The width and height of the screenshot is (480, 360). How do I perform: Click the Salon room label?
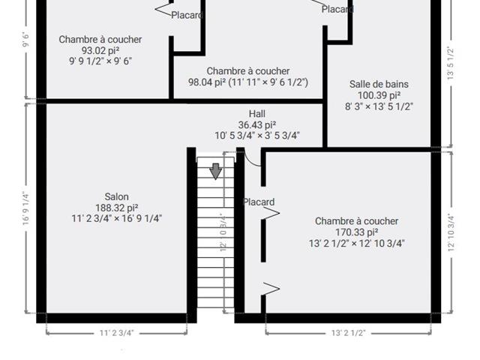pos(116,196)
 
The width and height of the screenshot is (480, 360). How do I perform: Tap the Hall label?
pos(256,114)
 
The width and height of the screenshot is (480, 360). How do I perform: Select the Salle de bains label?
pos(379,84)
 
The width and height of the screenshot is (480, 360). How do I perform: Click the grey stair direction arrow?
pos(216,171)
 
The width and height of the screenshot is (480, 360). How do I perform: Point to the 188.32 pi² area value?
pos(117,208)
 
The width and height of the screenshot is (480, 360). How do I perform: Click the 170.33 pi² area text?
pos(357,232)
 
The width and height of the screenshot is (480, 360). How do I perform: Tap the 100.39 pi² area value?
pos(379,95)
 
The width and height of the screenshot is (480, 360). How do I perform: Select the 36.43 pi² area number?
pos(256,125)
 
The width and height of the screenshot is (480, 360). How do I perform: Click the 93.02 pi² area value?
pos(100,50)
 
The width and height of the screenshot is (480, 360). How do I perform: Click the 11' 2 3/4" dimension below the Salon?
pos(117,333)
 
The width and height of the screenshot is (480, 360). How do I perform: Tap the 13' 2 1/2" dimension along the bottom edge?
pos(348,333)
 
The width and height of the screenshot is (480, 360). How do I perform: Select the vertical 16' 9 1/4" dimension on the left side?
pos(26,208)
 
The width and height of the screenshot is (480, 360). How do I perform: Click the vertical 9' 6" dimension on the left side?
pos(25,40)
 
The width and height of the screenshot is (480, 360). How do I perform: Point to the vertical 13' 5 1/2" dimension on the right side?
pos(450,63)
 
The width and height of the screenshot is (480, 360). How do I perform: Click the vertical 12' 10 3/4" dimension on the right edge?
pos(451,232)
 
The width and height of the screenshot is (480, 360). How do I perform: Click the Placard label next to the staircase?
pos(258,202)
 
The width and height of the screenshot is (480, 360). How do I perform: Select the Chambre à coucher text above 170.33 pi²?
pos(357,221)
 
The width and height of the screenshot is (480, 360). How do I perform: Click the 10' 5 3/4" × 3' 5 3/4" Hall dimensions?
pos(256,136)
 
